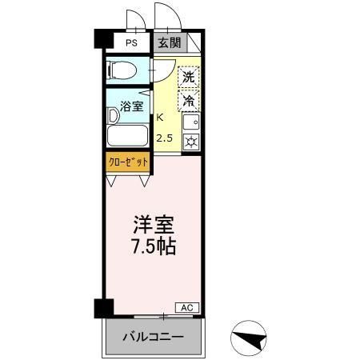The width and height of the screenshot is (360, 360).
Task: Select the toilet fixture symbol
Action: point(122,70)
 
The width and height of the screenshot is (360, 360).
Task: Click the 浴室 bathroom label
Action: point(132,105)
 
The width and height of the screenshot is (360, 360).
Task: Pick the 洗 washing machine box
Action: point(188,78)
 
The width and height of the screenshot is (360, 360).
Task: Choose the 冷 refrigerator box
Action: point(188,101)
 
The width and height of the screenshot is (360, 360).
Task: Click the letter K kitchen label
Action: point(160,117)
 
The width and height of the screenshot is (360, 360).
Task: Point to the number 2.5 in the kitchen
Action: point(164,138)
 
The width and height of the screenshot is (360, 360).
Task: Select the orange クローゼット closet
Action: point(128,161)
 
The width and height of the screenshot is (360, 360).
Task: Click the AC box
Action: point(185,307)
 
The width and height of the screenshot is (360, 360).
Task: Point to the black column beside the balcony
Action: point(101,308)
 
